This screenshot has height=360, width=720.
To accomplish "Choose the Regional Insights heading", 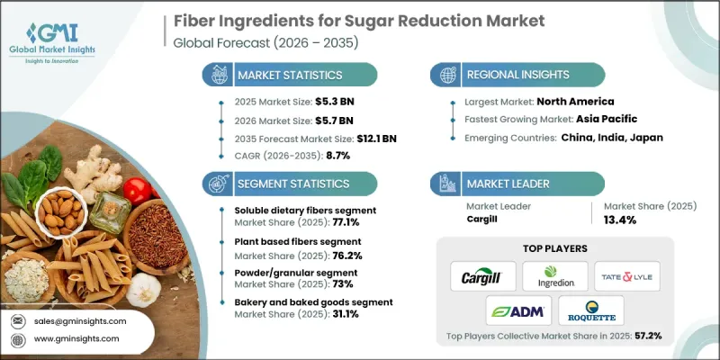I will pos(522,74).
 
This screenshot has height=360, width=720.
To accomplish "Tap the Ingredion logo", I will pos(554,274).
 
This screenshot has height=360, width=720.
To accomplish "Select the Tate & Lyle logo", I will pos(631,274).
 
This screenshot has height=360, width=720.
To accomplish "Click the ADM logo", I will pos(516,311).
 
